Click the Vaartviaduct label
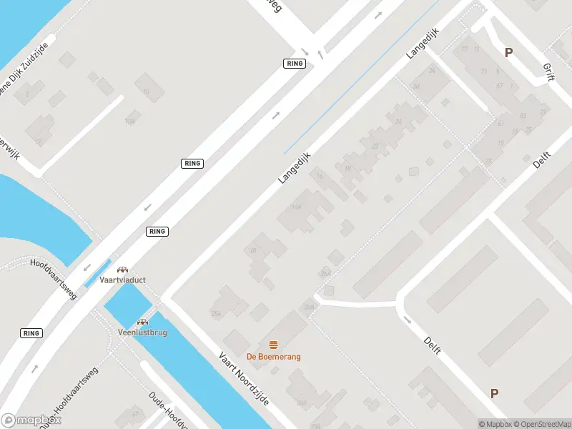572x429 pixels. (122, 280)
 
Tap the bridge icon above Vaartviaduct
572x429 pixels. (122, 270)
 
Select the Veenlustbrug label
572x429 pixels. (142, 332)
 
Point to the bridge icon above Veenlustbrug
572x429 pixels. (143, 322)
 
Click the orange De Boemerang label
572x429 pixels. (274, 357)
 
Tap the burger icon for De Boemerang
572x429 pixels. (274, 345)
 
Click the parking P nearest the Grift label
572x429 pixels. (508, 52)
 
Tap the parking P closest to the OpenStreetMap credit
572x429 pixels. (494, 393)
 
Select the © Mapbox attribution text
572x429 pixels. (493, 424)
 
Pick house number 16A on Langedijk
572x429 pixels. (297, 207)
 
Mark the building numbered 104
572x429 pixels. (130, 122)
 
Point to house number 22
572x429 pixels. (375, 146)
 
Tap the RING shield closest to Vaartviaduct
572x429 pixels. (157, 231)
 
